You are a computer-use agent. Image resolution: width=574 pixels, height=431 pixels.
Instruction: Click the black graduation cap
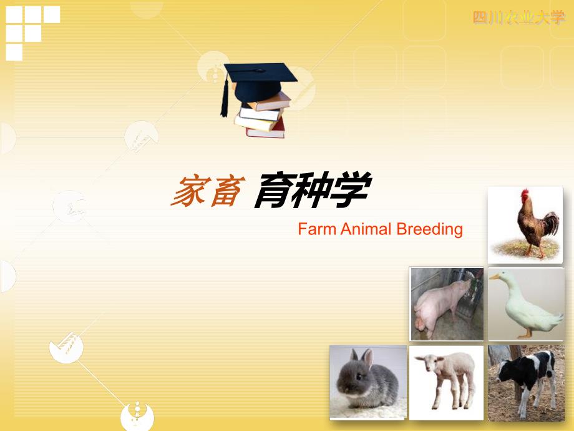(x=260, y=81)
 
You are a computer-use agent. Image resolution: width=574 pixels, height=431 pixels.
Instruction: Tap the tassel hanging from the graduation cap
(x=225, y=96)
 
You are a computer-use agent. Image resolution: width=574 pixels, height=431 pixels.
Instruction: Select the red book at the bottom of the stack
(x=266, y=130)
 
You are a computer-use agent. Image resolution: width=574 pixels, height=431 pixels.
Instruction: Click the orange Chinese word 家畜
(x=208, y=191)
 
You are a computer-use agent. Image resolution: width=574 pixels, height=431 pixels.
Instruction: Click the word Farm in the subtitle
(x=317, y=229)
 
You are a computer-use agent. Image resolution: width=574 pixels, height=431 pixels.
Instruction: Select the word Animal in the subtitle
(x=366, y=229)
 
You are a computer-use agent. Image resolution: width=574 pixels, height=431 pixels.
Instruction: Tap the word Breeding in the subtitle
(x=430, y=230)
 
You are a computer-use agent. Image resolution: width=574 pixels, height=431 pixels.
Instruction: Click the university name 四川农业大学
(x=518, y=17)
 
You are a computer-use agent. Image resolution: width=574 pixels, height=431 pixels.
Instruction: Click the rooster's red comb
(x=525, y=195)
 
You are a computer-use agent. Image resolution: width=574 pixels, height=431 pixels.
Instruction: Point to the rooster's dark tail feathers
(x=550, y=222)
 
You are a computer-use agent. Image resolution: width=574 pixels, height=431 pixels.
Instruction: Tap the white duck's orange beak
(x=495, y=277)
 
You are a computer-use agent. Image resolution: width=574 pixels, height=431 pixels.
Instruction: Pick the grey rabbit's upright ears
(x=361, y=358)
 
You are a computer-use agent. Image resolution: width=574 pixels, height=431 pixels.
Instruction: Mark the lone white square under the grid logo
(x=14, y=52)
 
